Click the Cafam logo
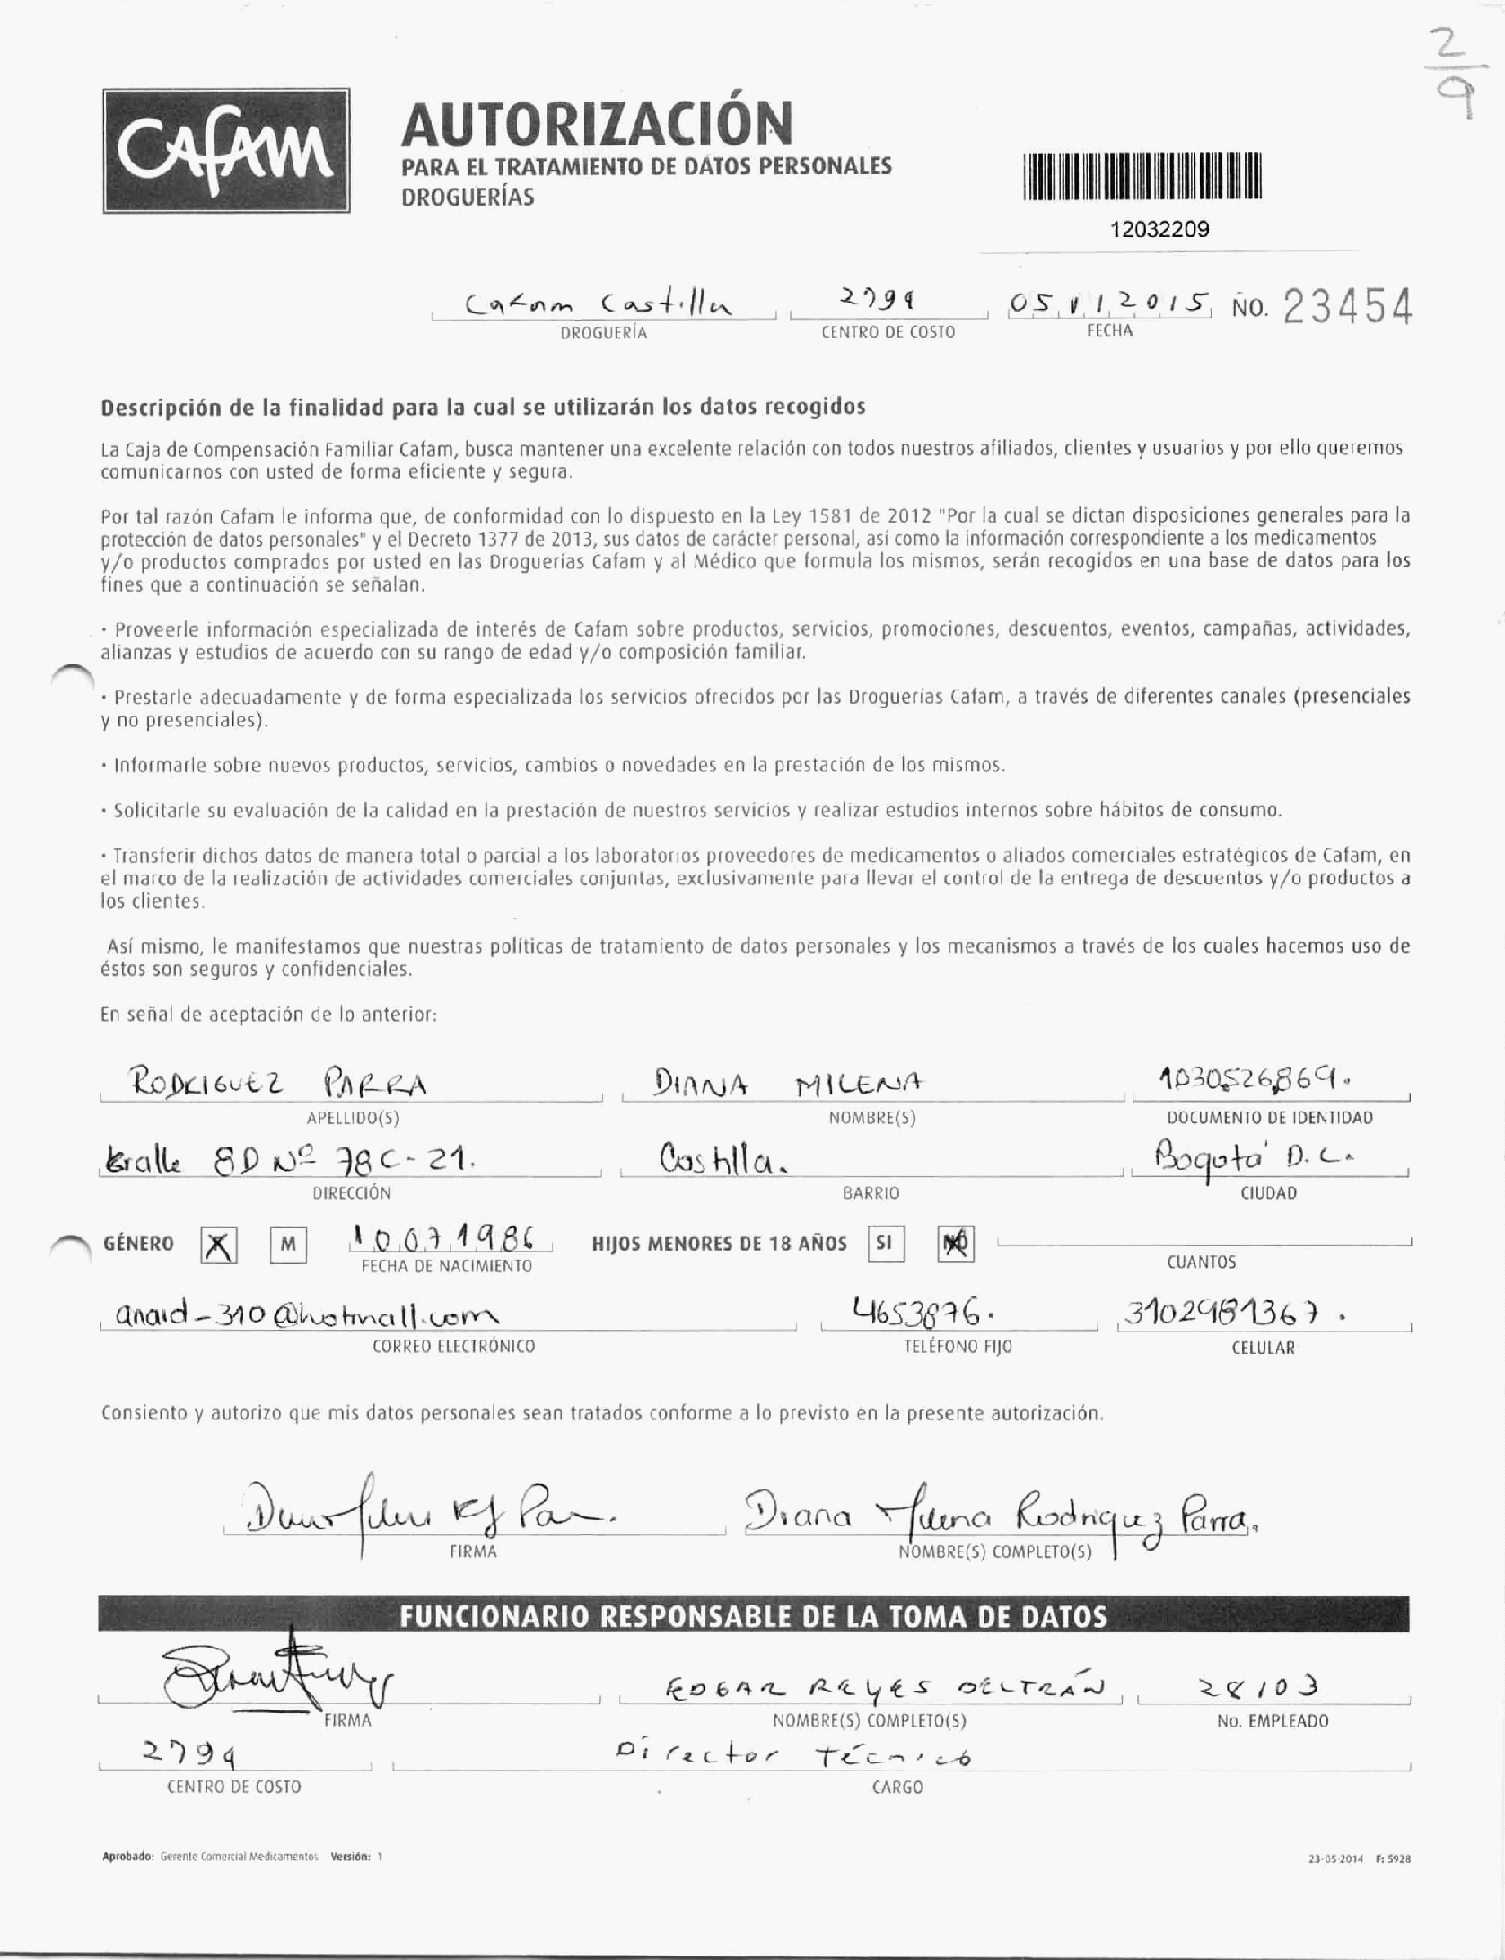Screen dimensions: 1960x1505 click(226, 151)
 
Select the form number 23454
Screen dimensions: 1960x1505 click(1348, 308)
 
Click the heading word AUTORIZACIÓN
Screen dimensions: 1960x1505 click(597, 125)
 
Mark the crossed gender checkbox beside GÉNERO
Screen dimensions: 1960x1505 click(218, 1246)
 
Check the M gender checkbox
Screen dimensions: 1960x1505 click(288, 1245)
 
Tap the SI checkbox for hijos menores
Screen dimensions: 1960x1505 click(885, 1244)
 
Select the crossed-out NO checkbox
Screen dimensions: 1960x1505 click(955, 1244)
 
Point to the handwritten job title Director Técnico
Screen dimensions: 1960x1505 click(793, 1755)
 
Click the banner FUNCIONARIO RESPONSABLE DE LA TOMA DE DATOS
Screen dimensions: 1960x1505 click(753, 1618)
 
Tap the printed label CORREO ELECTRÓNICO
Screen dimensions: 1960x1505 click(453, 1347)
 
